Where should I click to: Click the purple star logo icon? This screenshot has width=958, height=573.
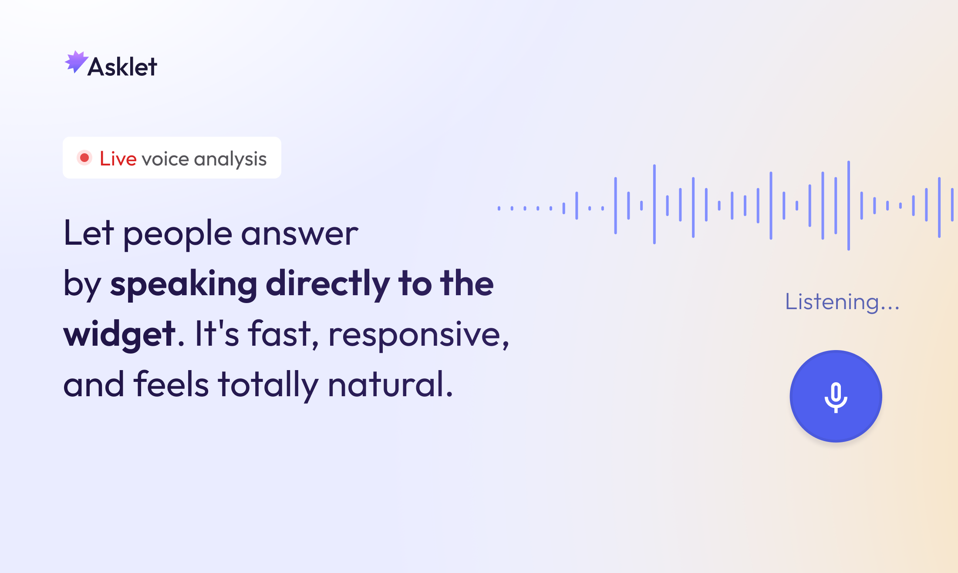pyautogui.click(x=76, y=62)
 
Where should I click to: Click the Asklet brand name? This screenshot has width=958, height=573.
pyautogui.click(x=122, y=67)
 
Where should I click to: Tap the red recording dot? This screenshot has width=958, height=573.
pyautogui.click(x=84, y=158)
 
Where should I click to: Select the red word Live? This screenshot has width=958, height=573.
pyautogui.click(x=118, y=158)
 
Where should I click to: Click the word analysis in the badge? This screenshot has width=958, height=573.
pyautogui.click(x=230, y=160)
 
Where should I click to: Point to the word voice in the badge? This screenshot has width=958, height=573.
pyautogui.click(x=165, y=159)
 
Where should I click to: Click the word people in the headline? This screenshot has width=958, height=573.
pyautogui.click(x=178, y=236)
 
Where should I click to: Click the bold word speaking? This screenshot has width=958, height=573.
pyautogui.click(x=183, y=285)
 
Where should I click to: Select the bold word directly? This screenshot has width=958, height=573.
pyautogui.click(x=327, y=285)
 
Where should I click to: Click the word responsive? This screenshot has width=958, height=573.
pyautogui.click(x=418, y=336)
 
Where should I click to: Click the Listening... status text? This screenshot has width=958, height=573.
pyautogui.click(x=842, y=302)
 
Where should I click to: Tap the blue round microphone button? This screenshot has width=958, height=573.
pyautogui.click(x=836, y=396)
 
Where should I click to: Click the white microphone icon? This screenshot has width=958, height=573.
pyautogui.click(x=836, y=398)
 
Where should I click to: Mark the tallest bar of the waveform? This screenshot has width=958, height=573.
pyautogui.click(x=849, y=206)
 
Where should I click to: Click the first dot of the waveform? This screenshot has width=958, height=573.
pyautogui.click(x=499, y=209)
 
